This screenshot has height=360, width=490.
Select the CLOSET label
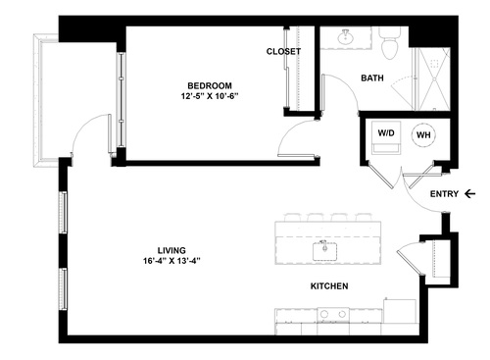click(283, 51)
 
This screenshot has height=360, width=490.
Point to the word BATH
click(371, 78)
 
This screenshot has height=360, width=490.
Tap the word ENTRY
click(444, 194)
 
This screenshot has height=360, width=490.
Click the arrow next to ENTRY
click(472, 194)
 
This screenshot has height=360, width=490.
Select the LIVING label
click(171, 249)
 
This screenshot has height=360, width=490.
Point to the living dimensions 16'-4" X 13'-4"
click(171, 262)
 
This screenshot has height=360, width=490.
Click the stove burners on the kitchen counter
click(333, 316)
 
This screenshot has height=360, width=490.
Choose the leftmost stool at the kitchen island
click(290, 217)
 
